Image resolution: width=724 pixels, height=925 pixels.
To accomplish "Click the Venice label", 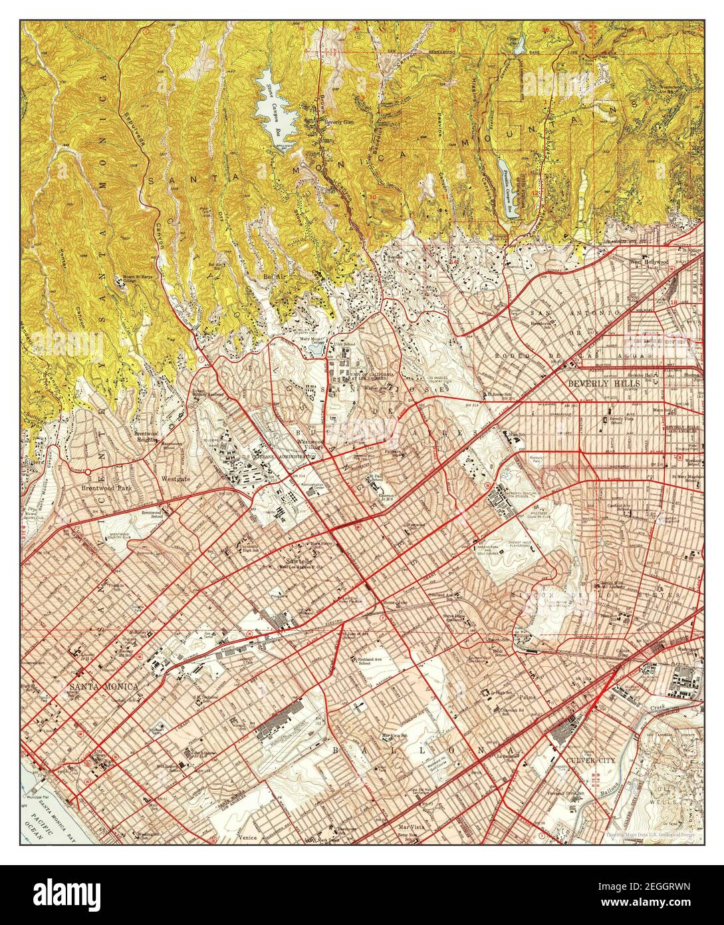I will click(248, 839).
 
